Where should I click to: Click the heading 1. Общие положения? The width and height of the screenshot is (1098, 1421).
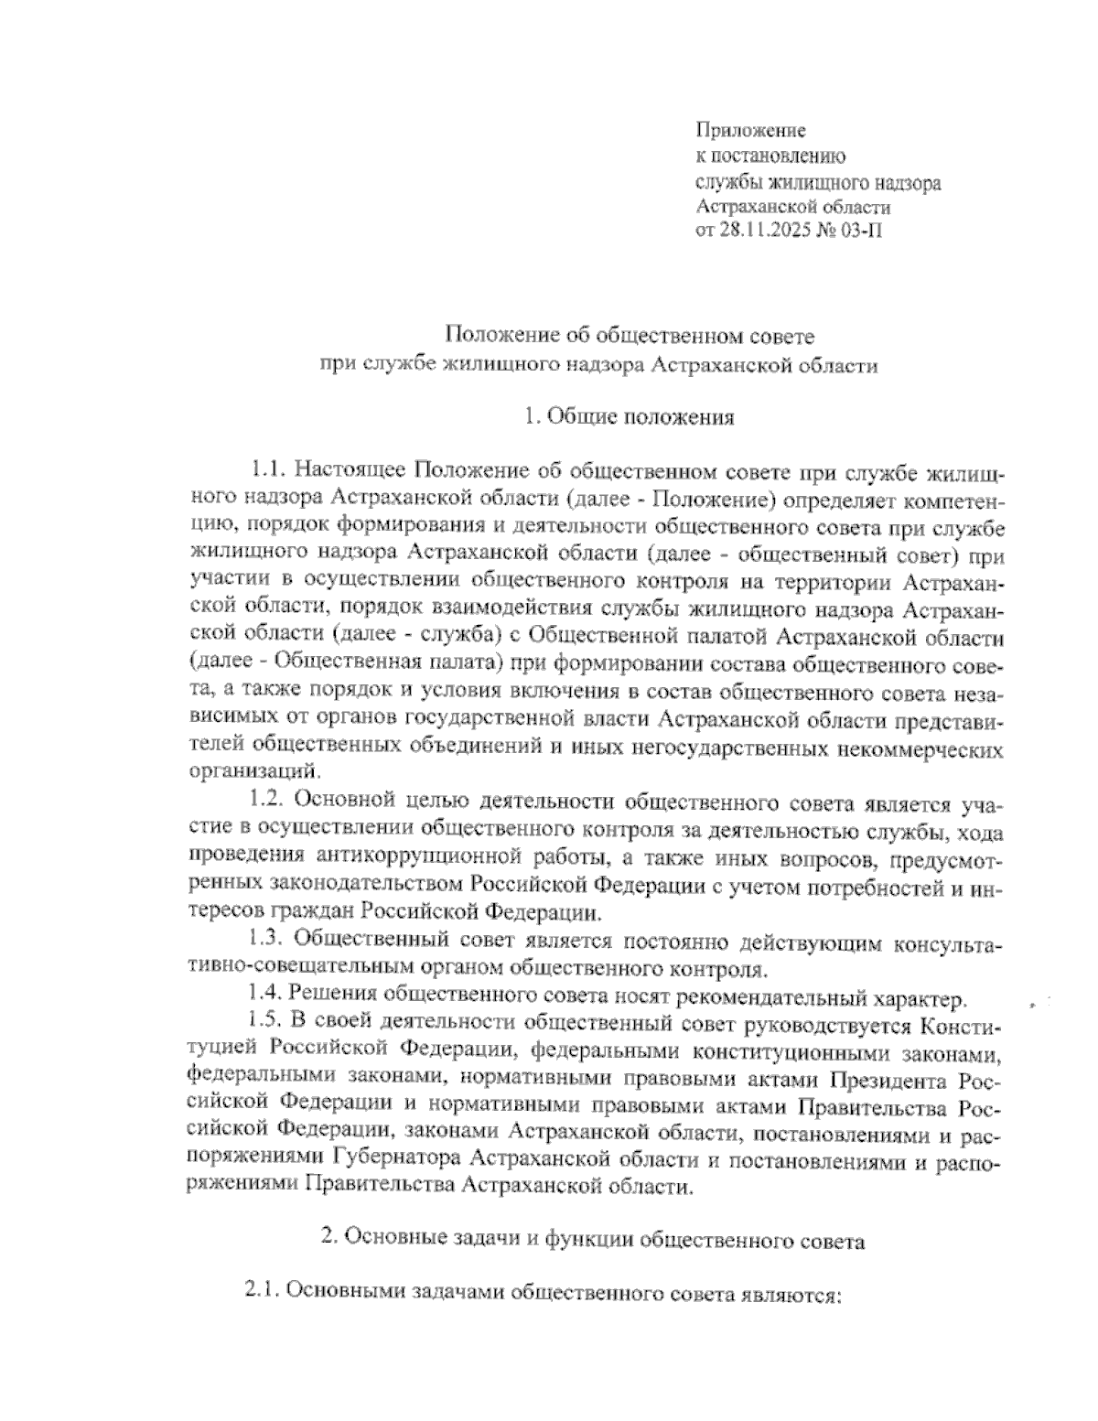pos(629,418)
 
